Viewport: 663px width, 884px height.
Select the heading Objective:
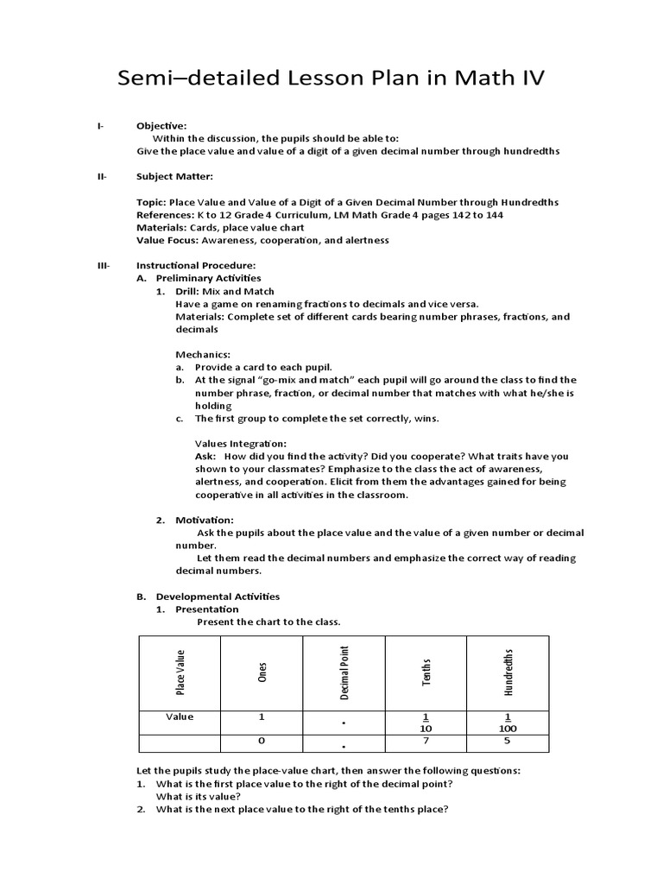(161, 125)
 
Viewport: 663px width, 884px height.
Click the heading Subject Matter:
(174, 176)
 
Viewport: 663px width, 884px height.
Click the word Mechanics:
(204, 354)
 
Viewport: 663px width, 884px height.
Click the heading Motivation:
(205, 520)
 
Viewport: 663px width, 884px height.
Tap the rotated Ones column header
(262, 672)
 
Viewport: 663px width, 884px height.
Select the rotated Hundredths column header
(508, 672)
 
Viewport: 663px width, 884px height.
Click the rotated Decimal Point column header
(344, 672)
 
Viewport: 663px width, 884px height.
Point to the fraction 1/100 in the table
(508, 723)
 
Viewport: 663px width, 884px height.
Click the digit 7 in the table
(426, 741)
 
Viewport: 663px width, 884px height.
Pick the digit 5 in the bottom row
(508, 741)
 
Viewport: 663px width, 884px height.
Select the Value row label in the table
(180, 717)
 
